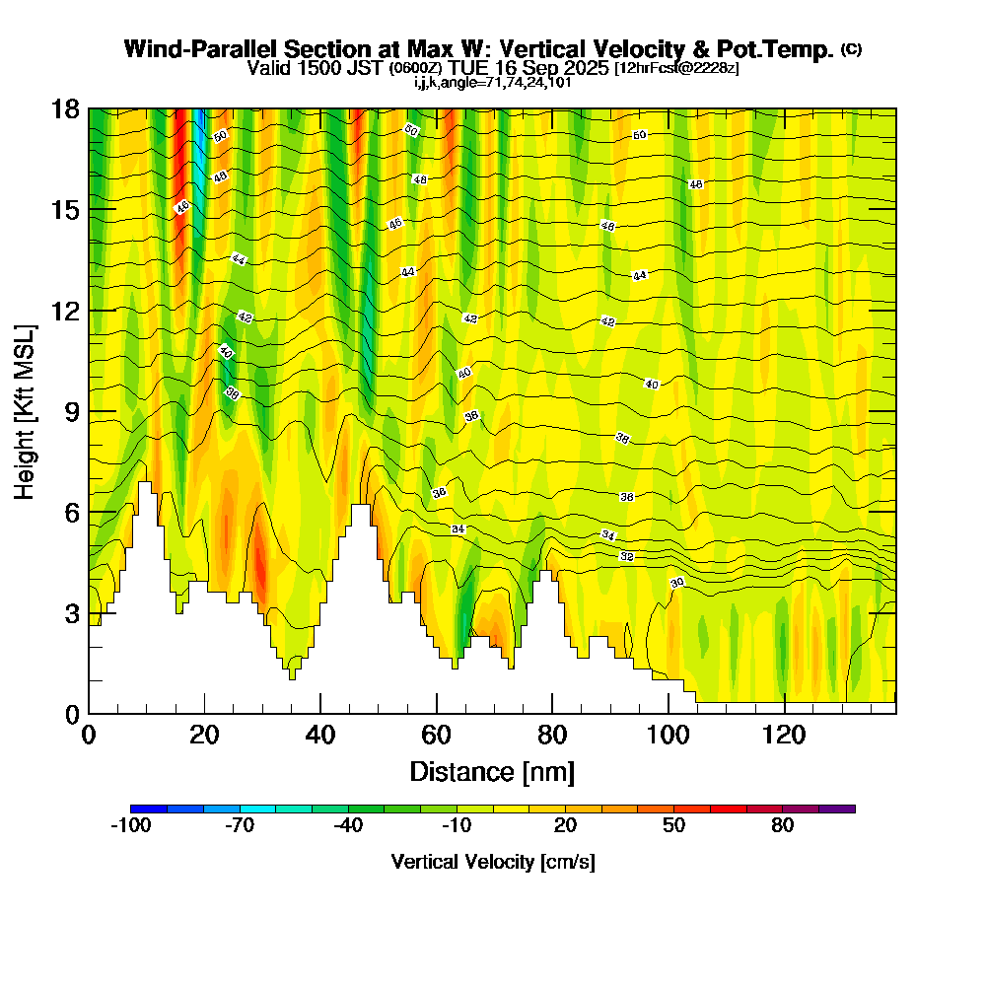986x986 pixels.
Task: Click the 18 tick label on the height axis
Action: (66, 108)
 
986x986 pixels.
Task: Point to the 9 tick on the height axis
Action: (89, 411)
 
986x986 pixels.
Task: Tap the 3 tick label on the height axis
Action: (71, 613)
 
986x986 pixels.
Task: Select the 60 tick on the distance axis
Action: (437, 713)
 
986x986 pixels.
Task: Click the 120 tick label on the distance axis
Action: (784, 736)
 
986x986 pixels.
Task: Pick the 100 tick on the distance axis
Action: (669, 713)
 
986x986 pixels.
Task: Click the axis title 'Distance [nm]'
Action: (492, 771)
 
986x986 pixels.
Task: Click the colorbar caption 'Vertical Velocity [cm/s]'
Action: (493, 862)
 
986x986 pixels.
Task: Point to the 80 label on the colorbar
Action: (783, 826)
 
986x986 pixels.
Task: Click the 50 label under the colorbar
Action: (673, 826)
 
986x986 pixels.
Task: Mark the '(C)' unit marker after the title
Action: (851, 48)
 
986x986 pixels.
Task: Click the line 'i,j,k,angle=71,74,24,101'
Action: (493, 83)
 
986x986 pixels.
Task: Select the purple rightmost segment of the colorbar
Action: (837, 809)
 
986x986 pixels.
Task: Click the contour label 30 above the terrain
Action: (677, 584)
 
